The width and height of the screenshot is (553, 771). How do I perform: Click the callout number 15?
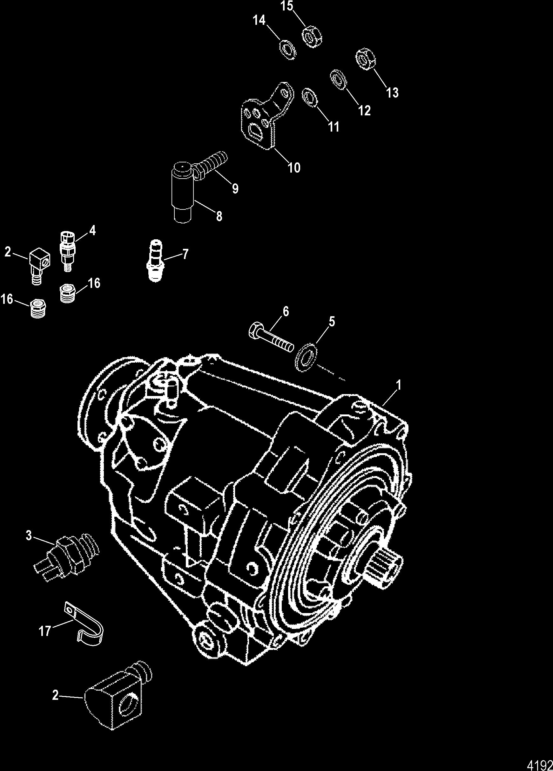[x=287, y=6]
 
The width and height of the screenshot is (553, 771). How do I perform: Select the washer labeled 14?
[x=288, y=51]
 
